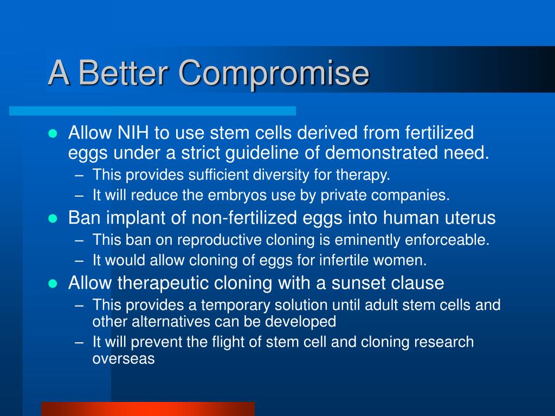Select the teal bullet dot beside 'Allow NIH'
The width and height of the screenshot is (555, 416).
click(53, 133)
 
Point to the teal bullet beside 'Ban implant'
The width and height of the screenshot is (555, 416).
click(53, 218)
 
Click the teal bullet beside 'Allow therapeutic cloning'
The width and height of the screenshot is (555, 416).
click(53, 283)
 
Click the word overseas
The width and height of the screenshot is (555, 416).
click(124, 359)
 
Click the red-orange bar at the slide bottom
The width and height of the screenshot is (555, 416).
click(148, 409)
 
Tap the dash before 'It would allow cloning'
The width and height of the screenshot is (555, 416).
click(79, 261)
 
